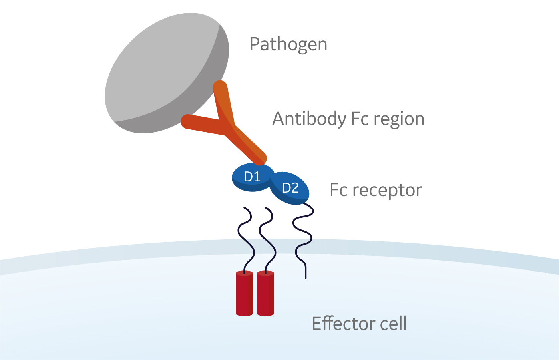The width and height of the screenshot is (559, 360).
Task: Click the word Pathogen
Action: pos(288,44)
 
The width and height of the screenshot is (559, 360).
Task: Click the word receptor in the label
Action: pos(387,190)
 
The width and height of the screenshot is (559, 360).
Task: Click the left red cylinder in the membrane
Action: pos(244,294)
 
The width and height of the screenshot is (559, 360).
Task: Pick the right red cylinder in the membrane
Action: pos(266,294)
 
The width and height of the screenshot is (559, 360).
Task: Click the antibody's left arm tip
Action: pos(187,121)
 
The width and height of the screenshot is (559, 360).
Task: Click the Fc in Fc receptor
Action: pos(338,190)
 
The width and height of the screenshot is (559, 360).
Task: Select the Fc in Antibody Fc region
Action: pos(360,119)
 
